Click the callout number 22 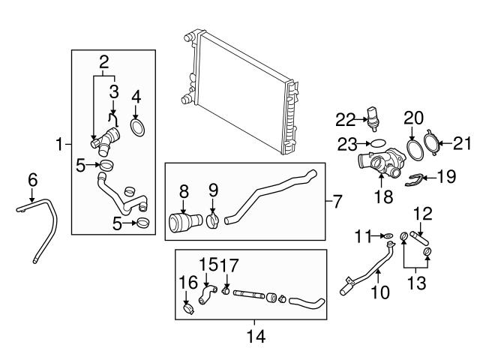tap(345, 118)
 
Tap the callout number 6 tap(32, 179)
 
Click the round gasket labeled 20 tap(413, 148)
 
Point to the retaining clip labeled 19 tap(421, 178)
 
